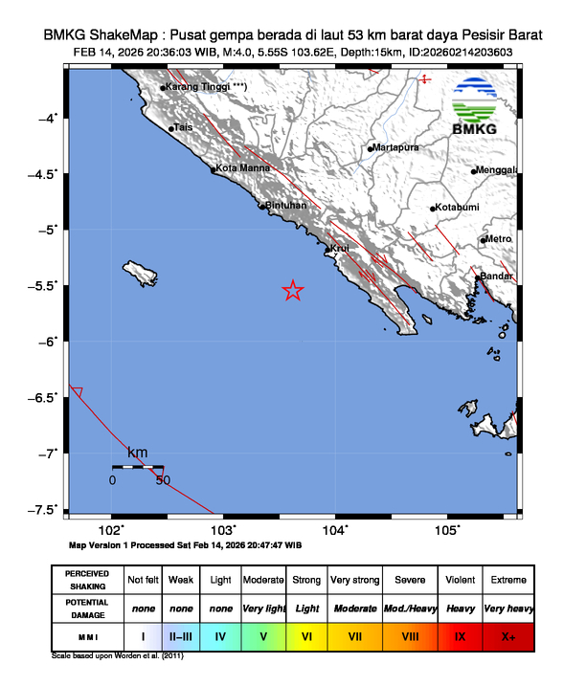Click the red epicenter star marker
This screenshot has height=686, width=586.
[x=293, y=291]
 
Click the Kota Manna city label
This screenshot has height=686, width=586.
[x=240, y=168]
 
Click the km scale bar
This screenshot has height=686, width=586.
[x=137, y=467]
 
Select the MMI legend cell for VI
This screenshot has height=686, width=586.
[x=307, y=634]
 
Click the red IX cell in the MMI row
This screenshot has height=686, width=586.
[x=460, y=634]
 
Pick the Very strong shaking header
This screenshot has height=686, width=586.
[x=354, y=580]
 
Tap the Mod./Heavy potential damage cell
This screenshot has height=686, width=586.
[x=410, y=608]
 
